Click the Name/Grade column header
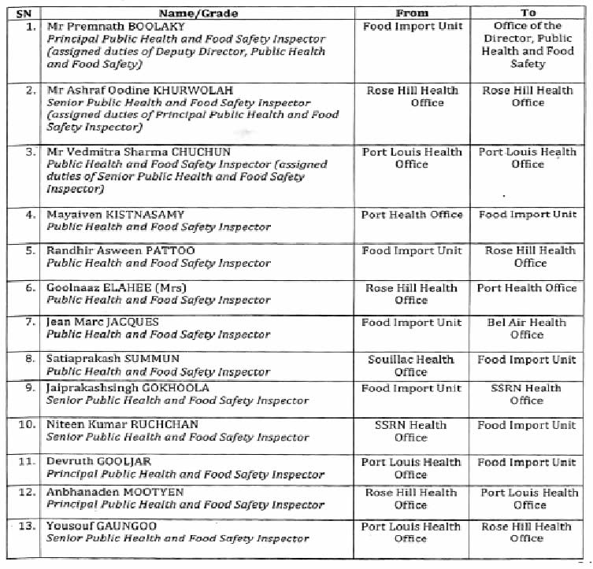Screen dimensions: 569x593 pyautogui.click(x=198, y=13)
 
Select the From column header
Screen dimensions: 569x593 pyautogui.click(x=412, y=13)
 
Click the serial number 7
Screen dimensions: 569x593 pyautogui.click(x=32, y=323)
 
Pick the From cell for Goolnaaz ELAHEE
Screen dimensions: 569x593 pyautogui.click(x=411, y=294)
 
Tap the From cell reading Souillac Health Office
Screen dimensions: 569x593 pyautogui.click(x=411, y=365)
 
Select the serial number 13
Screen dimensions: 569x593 pyautogui.click(x=28, y=527)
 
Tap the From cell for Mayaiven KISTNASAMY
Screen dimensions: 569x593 pyautogui.click(x=411, y=214)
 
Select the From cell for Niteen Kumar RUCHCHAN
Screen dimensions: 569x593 pyautogui.click(x=411, y=430)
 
